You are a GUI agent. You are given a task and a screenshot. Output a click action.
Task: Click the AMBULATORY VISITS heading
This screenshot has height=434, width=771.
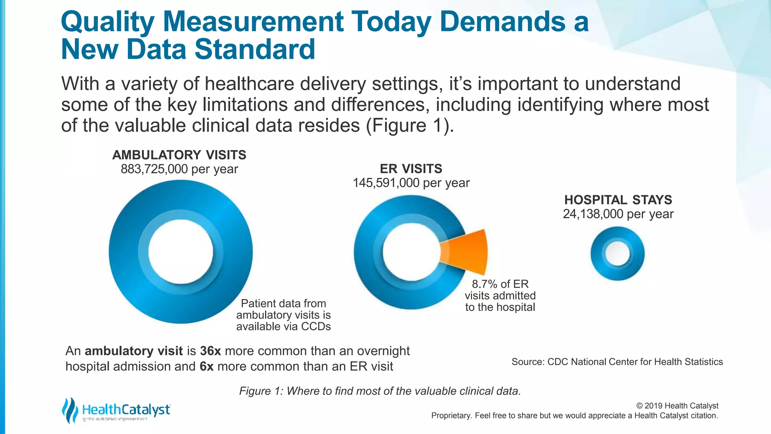(x=179, y=155)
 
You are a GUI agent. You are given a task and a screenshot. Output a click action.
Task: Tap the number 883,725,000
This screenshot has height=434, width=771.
(x=154, y=169)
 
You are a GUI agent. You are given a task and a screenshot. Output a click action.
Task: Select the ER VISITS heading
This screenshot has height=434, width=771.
(x=411, y=169)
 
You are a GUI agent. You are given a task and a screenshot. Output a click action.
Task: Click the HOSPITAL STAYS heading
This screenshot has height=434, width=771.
(x=618, y=200)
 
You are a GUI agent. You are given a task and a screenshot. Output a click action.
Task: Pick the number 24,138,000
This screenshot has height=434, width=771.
(x=593, y=214)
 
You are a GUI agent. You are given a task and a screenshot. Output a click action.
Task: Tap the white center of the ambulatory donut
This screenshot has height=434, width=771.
(x=180, y=252)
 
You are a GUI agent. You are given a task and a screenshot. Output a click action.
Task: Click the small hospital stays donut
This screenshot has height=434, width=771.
(x=617, y=254)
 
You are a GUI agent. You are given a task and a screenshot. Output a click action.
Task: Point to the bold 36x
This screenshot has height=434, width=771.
(x=210, y=351)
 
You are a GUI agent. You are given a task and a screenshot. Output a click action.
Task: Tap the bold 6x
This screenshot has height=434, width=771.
(x=206, y=367)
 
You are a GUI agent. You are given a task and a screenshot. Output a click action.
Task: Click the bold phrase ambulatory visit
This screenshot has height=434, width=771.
(x=134, y=351)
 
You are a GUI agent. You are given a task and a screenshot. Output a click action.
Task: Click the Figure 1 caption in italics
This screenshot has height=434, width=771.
(x=380, y=391)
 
